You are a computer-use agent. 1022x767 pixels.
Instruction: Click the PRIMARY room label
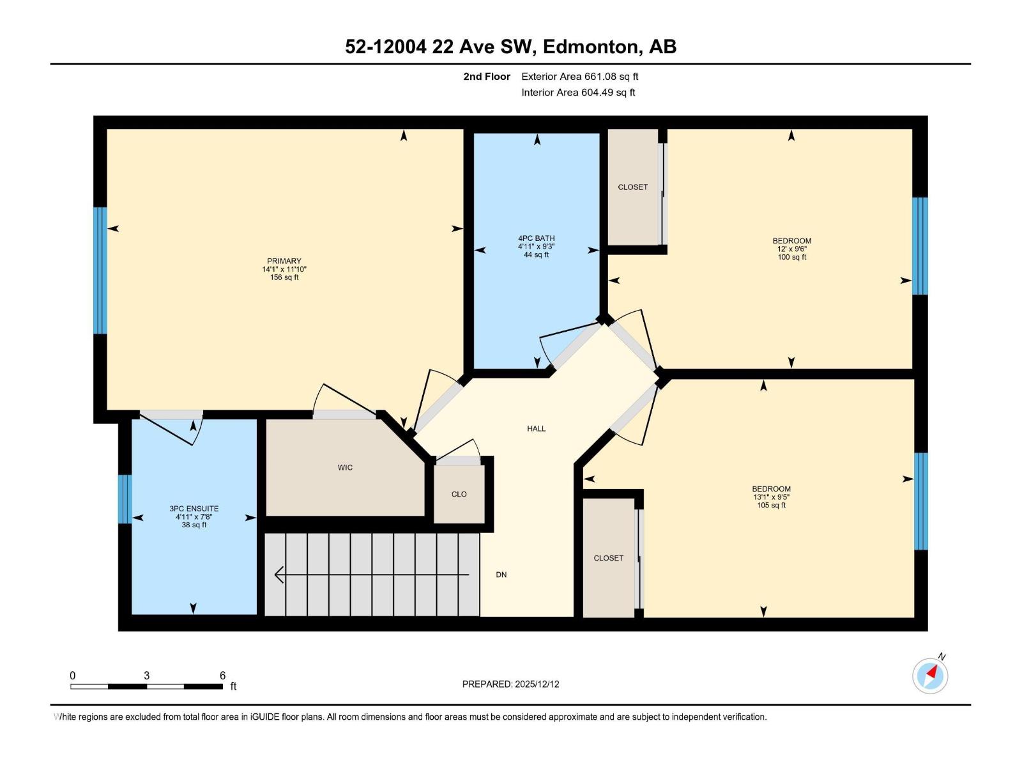click(x=284, y=261)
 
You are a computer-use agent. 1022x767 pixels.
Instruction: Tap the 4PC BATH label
click(x=536, y=238)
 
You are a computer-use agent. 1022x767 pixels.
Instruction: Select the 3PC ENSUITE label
click(x=194, y=509)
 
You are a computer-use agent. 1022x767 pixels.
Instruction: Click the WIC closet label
click(x=345, y=467)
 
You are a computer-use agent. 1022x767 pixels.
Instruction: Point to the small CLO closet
click(x=459, y=494)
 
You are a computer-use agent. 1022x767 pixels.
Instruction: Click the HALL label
click(x=536, y=429)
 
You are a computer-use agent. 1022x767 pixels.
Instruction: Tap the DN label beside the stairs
click(x=501, y=575)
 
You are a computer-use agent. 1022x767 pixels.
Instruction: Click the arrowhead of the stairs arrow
click(x=278, y=575)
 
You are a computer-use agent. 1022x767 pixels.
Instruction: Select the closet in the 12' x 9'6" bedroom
click(x=632, y=187)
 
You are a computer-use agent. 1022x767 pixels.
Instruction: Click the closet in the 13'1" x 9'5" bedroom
click(x=608, y=558)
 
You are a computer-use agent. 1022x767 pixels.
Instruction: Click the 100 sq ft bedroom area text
click(x=791, y=258)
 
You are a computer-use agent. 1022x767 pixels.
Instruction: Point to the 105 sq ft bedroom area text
click(x=771, y=506)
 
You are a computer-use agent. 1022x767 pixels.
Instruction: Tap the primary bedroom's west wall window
click(x=100, y=270)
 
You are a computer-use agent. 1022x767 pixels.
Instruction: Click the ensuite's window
click(x=125, y=499)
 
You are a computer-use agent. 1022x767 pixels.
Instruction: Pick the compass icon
click(x=930, y=676)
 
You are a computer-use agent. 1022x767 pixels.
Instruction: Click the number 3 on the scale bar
click(x=146, y=676)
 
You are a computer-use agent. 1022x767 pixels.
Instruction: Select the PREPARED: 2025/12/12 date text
click(x=510, y=684)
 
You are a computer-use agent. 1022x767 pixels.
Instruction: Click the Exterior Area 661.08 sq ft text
click(x=579, y=77)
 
